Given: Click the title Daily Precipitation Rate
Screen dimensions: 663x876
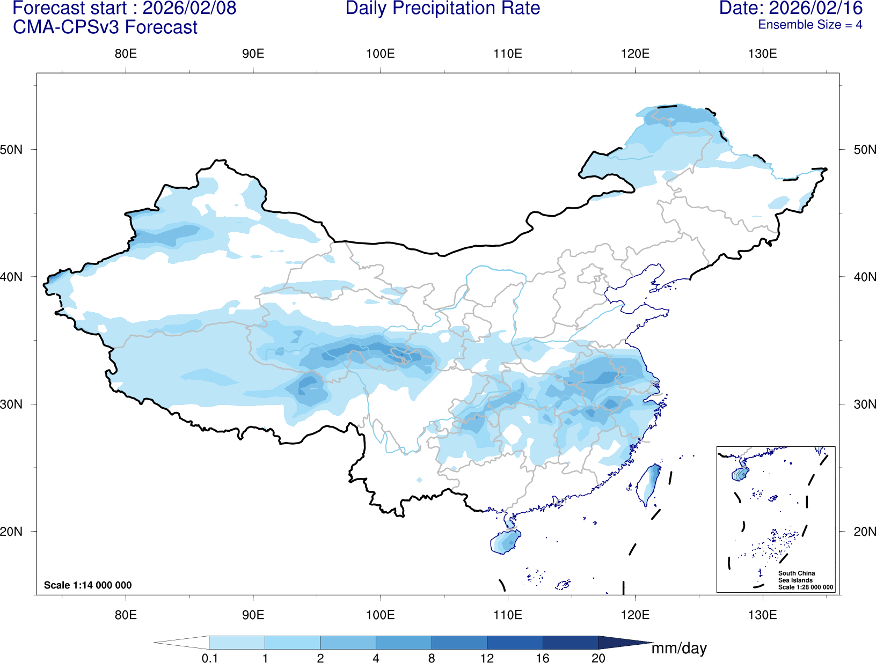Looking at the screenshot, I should pos(442,9).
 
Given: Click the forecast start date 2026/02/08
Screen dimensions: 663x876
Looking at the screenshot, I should pos(189,9).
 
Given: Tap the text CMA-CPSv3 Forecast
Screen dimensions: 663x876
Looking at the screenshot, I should pos(105,27).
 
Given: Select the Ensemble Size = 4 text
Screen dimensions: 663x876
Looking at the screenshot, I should pos(810,25).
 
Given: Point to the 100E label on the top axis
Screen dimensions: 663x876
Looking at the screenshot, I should pos(380,54).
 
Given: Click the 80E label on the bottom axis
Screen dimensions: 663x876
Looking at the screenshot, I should pos(126,615).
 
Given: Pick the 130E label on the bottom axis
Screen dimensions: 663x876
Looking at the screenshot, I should pos(762,615).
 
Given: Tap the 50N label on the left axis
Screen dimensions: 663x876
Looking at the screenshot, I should pos(12,150).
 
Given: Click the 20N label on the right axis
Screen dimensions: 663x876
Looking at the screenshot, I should pos(864,532).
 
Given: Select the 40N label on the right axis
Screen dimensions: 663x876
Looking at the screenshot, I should pos(864,277).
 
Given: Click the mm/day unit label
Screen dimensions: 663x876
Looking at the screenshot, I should pos(679,649).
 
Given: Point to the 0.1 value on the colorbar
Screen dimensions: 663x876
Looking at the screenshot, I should pos(209,658).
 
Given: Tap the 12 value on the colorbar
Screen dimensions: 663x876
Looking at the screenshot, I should pos(487,658).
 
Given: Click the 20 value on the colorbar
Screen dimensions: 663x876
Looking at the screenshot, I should pos(598,658).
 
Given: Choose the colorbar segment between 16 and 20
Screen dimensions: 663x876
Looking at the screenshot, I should pos(570,643).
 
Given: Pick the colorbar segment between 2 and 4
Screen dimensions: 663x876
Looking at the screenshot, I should pos(348,643).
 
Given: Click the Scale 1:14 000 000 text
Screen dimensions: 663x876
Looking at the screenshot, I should pos(87,585).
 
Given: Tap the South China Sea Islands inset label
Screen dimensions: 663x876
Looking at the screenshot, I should pos(797,577).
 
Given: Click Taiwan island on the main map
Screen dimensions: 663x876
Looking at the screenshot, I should pos(649,484).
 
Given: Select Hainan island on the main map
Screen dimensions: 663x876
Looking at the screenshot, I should pos(505,541).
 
